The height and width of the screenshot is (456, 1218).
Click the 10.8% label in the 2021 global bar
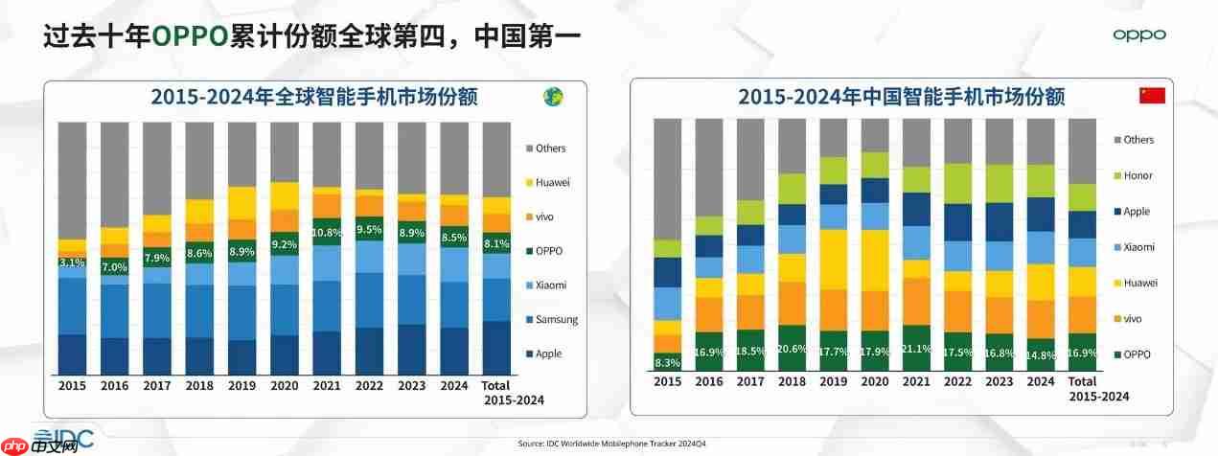tap(328, 233)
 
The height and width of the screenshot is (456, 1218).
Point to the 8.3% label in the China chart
tap(667, 363)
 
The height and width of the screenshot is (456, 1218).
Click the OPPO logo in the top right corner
tap(1139, 35)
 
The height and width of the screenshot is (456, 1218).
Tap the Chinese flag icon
tap(1151, 95)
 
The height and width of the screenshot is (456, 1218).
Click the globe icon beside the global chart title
tap(553, 96)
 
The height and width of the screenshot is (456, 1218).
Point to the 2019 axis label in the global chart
tap(242, 386)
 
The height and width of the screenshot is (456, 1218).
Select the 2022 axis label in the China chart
tap(958, 381)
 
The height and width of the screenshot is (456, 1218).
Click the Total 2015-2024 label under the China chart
tap(1098, 389)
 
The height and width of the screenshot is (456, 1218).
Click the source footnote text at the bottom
tap(611, 444)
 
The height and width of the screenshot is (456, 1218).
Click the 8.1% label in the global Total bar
tap(495, 243)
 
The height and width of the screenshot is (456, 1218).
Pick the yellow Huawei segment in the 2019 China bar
tap(834, 260)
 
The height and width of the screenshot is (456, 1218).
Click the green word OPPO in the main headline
tap(190, 36)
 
